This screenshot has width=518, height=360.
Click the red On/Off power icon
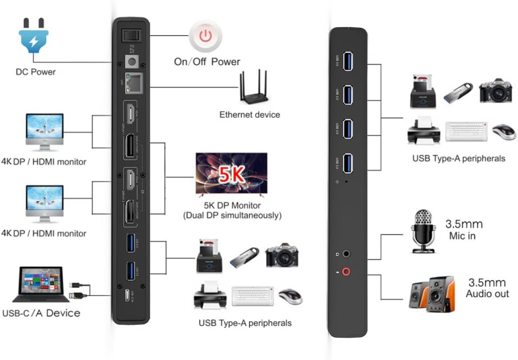tap(205, 36)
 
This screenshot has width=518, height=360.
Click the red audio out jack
tap(346, 271)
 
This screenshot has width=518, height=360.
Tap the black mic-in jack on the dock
tap(346, 254)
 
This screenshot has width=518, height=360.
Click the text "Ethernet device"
tap(249, 115)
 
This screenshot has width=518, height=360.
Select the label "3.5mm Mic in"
tap(464, 229)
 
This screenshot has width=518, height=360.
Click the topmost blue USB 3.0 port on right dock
tap(347, 62)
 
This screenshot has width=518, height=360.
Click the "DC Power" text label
tap(36, 72)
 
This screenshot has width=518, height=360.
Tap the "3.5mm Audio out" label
tap(487, 288)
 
